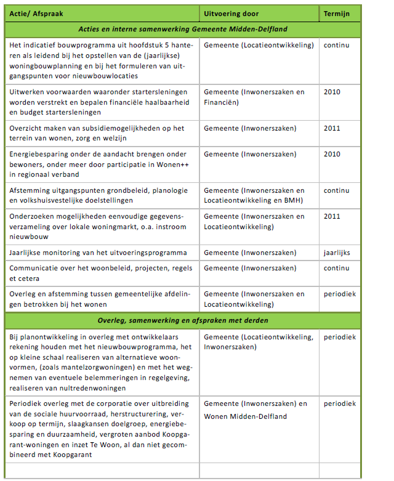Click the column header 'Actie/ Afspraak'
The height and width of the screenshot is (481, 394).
pyautogui.click(x=35, y=13)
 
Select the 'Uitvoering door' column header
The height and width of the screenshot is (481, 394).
pyautogui.click(x=231, y=13)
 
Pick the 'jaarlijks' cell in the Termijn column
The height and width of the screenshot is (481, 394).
pyautogui.click(x=337, y=253)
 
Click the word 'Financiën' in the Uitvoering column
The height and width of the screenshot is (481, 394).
pyautogui.click(x=221, y=102)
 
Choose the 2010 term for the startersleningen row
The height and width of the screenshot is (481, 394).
pyautogui.click(x=332, y=92)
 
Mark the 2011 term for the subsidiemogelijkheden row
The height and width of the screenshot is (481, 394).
pyautogui.click(x=332, y=128)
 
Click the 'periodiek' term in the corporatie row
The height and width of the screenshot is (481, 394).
pyautogui.click(x=340, y=403)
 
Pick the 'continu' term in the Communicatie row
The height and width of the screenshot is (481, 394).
pyautogui.click(x=337, y=268)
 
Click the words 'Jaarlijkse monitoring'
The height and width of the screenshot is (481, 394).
pyautogui.click(x=50, y=253)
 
